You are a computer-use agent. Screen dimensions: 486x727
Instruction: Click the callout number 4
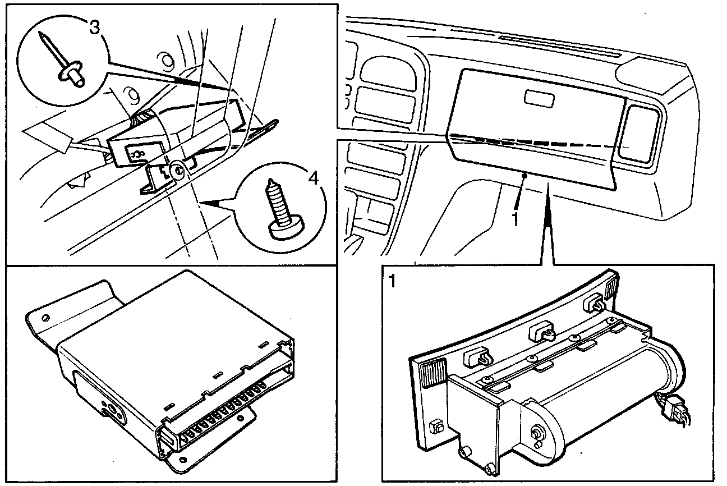(313, 178)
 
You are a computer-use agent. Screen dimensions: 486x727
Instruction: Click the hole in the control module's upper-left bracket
(45, 319)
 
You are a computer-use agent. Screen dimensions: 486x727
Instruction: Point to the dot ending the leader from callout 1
(523, 176)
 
